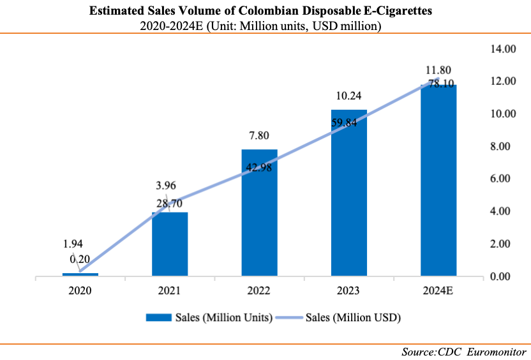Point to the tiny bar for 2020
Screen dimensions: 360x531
(x=80, y=274)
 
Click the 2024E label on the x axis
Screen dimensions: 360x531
(x=438, y=291)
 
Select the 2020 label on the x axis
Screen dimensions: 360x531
(x=80, y=291)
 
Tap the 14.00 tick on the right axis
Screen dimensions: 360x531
(x=502, y=49)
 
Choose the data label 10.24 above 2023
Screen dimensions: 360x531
(x=348, y=96)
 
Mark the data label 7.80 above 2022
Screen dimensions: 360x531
(x=259, y=135)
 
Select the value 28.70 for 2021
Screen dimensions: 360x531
(x=170, y=202)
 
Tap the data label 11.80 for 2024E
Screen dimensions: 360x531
(x=438, y=70)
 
